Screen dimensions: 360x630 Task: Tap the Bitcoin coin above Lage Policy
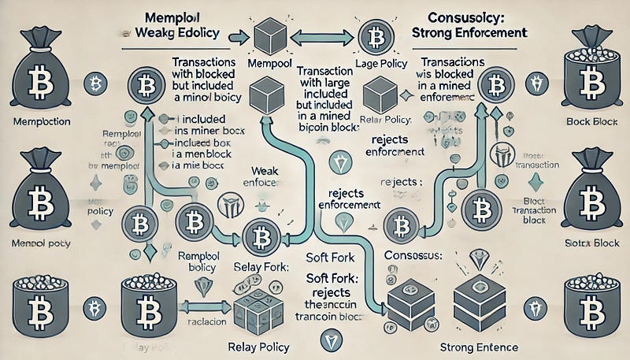371,37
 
